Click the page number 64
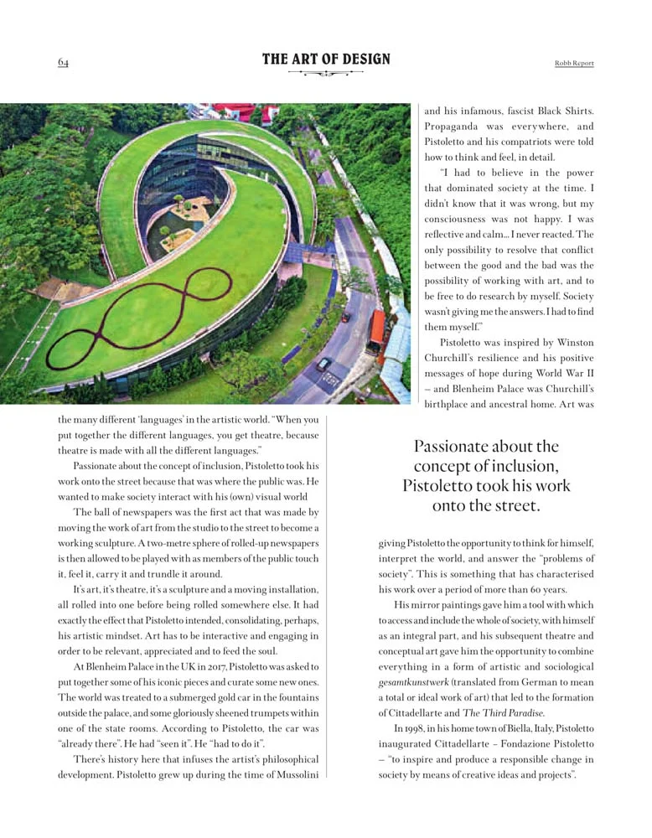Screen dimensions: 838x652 tap(63, 62)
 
